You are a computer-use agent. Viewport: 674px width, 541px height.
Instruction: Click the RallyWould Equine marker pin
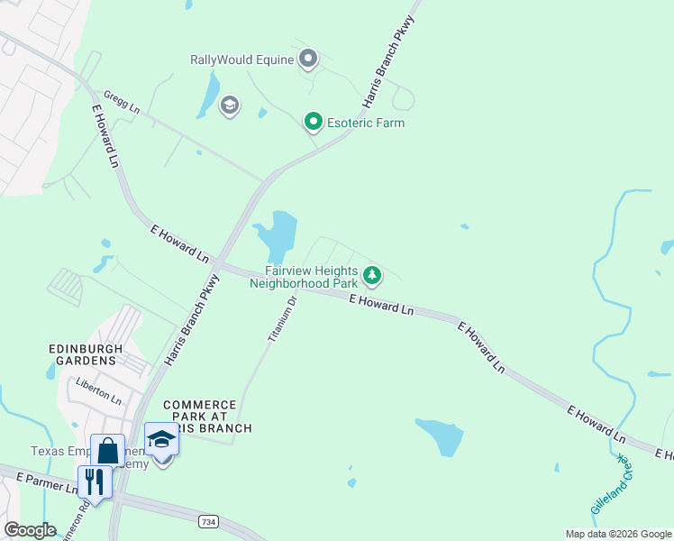[x=308, y=60]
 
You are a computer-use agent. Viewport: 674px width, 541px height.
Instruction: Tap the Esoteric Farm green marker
[x=314, y=121]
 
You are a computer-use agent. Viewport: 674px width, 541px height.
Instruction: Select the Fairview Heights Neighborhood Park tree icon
[x=372, y=274]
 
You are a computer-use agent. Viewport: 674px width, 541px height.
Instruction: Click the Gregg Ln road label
[x=122, y=101]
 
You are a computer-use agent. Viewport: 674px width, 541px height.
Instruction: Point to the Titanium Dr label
[x=282, y=318]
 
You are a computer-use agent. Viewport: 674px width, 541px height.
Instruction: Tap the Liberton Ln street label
[x=98, y=391]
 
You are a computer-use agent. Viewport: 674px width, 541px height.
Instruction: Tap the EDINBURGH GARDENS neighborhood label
[x=83, y=353]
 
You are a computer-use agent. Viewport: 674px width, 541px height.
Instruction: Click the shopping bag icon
[x=107, y=450]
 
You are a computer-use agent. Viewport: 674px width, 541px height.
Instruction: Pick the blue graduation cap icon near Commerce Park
[x=161, y=439]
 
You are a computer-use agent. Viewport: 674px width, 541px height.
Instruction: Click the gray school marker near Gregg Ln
[x=229, y=105]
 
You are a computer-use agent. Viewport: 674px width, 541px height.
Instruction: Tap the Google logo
[x=30, y=530]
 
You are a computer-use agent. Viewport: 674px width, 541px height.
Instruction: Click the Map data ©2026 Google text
[x=618, y=534]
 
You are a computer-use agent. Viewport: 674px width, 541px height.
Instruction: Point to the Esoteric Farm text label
[x=365, y=123]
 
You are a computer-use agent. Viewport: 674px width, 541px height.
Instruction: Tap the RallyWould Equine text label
[x=241, y=60]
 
